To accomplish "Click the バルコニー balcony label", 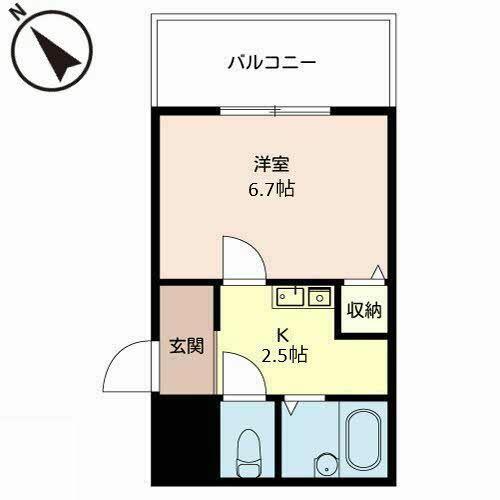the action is pos(272,62).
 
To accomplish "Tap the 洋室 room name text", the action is pos(271,164).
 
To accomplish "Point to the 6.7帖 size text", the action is pos(271,189).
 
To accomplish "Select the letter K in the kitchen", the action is pos(283,335).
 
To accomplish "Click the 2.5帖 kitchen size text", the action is pos(284,355).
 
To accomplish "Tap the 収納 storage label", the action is pos(364,310).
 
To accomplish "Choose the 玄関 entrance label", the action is pos(186,346).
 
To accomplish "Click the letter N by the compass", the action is pos(17,14).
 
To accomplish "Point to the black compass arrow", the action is pos(56,54).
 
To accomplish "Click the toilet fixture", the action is pos(248,453).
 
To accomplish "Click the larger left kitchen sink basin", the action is pos(290,296).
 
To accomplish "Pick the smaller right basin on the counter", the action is pos(319,297).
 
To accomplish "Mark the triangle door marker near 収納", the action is pos(378,272).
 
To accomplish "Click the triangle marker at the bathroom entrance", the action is pos(291,408).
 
